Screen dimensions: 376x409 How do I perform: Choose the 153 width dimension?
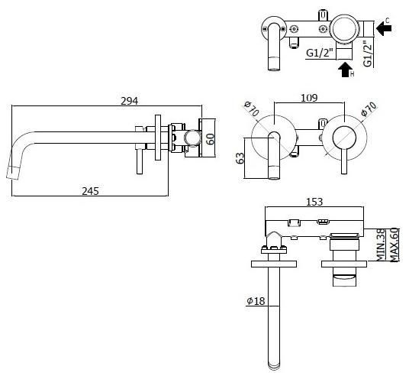click(x=314, y=202)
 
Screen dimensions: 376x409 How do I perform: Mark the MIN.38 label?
click(x=381, y=245)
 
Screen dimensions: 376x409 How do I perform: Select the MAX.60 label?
click(x=395, y=245)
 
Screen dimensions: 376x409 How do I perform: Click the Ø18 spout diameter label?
click(x=255, y=301)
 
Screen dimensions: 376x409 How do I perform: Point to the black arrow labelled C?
click(x=385, y=28)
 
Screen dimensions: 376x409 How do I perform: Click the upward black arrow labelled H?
click(x=346, y=70)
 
